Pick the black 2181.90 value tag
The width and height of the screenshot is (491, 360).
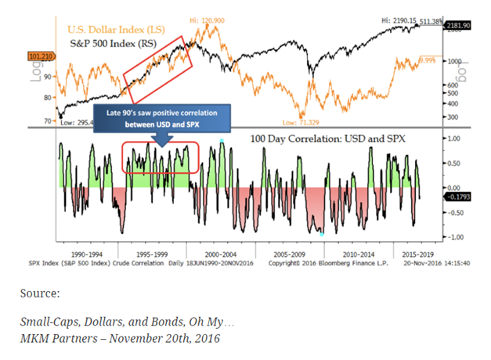457,26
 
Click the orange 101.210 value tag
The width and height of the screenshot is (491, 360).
39,56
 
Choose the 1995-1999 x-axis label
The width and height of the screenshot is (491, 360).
148,254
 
